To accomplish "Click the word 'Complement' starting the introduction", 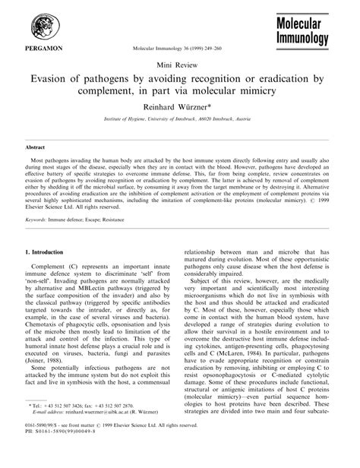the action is coord(52,269).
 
